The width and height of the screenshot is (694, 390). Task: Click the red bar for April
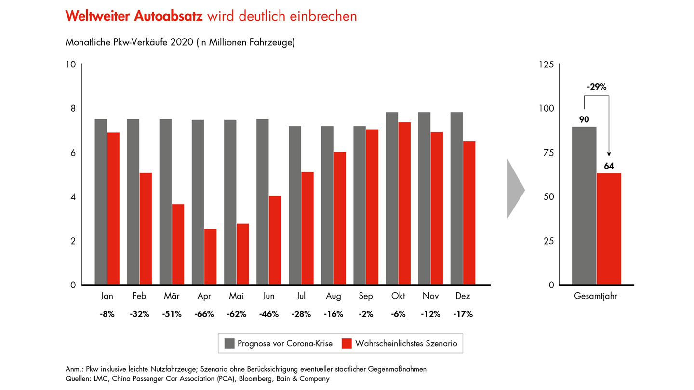click(210, 257)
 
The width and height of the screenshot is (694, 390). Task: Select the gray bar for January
click(101, 202)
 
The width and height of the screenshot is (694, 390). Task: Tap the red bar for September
click(372, 207)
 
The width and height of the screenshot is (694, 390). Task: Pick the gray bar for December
click(456, 198)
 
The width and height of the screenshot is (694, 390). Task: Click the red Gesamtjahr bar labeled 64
click(609, 229)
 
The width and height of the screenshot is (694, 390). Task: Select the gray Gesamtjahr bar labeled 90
click(584, 206)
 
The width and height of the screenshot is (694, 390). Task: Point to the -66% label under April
click(204, 314)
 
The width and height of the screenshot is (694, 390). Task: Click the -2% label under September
click(366, 314)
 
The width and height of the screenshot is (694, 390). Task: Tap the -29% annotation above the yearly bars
click(596, 87)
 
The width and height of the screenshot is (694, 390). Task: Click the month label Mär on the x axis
click(172, 296)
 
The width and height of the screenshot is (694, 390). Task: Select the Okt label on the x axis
click(398, 296)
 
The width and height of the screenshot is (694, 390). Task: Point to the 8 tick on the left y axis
click(73, 108)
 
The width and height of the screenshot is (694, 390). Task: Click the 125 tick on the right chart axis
click(546, 64)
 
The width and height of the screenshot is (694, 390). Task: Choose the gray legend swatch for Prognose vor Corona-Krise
click(230, 343)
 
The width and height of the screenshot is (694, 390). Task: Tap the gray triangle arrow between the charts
click(514, 189)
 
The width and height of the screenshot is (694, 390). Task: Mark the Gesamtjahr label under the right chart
click(596, 297)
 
